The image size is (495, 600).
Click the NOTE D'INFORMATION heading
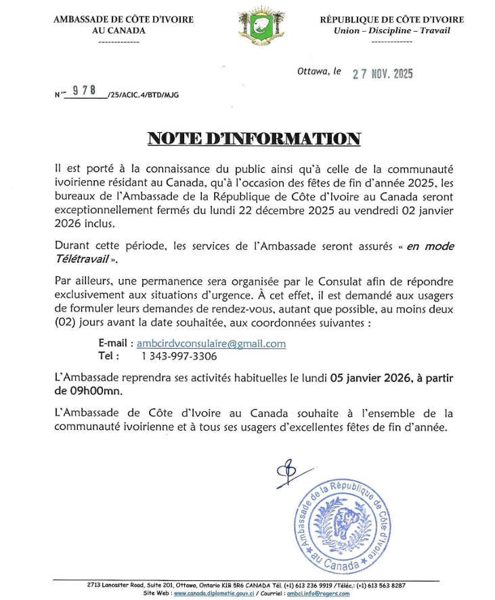254,139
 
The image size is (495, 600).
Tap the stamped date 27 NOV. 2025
383,74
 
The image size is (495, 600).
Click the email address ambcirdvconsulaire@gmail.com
211,343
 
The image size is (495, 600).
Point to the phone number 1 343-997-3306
179,356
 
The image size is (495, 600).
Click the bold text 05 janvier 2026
368,380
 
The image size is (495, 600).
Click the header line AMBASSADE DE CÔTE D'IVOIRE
123,20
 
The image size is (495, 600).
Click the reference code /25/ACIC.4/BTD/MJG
143,95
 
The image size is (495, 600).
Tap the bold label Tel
109,356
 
